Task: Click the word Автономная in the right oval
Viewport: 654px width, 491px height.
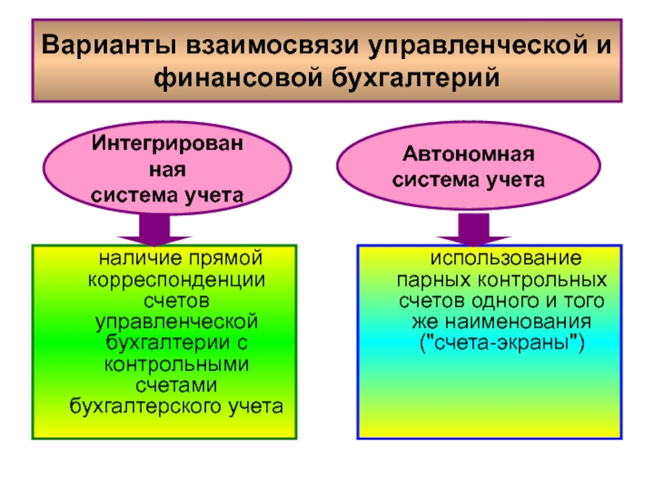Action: [468, 154]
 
